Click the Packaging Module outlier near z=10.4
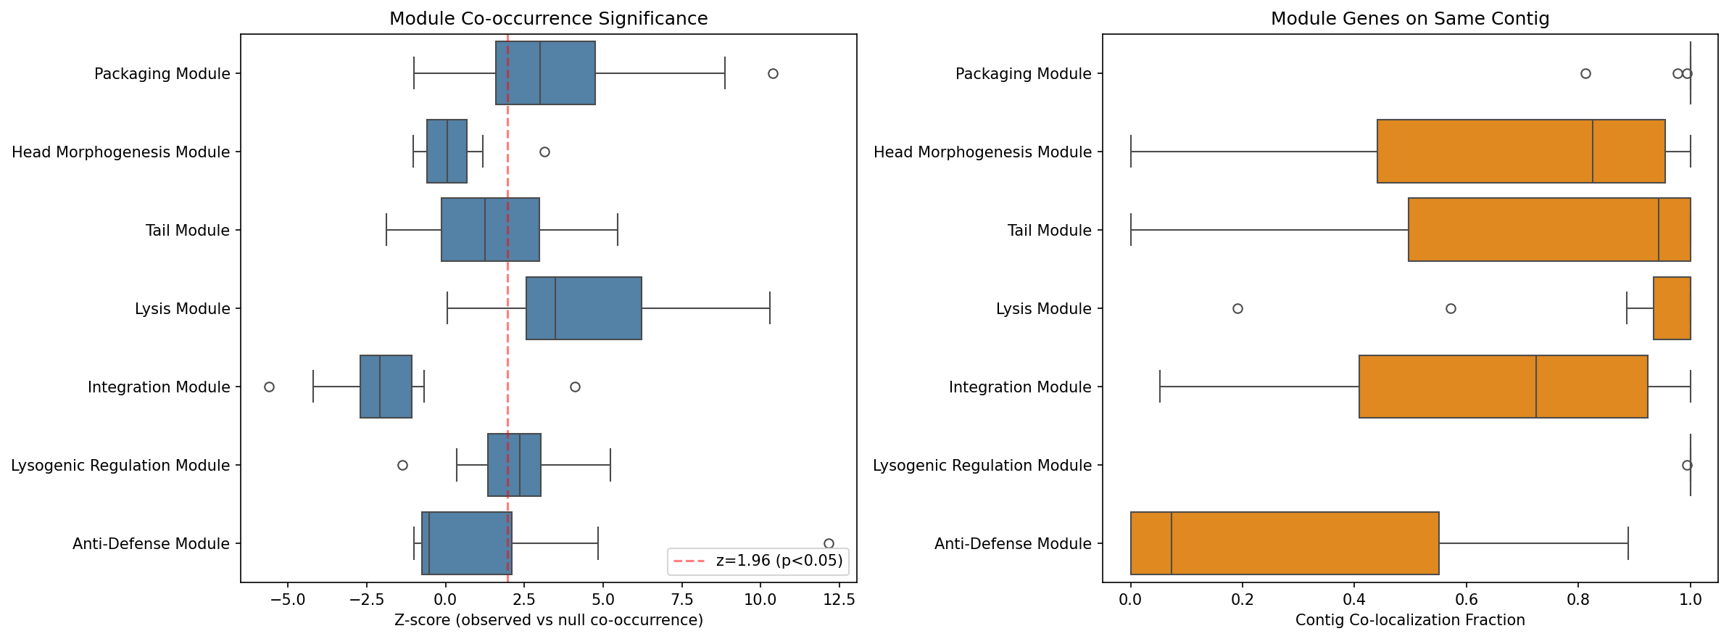click(x=773, y=74)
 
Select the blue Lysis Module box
click(x=584, y=308)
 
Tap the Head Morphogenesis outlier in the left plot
click(x=544, y=152)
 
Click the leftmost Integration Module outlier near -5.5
click(x=269, y=387)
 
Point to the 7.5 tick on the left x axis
click(x=681, y=600)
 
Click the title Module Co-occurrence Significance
click(x=548, y=19)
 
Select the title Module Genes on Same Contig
click(x=1409, y=19)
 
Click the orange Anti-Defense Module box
click(x=1284, y=543)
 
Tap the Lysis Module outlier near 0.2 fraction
click(x=1237, y=309)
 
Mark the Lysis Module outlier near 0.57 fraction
click(x=1451, y=309)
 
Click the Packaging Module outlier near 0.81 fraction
click(x=1585, y=74)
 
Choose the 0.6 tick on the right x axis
click(x=1467, y=600)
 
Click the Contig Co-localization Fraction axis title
click(x=1409, y=621)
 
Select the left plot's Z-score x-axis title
click(x=548, y=621)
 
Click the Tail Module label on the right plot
click(x=1049, y=231)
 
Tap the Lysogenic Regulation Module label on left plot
click(x=120, y=466)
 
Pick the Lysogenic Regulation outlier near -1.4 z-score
click(x=402, y=466)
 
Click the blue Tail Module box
click(x=490, y=230)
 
